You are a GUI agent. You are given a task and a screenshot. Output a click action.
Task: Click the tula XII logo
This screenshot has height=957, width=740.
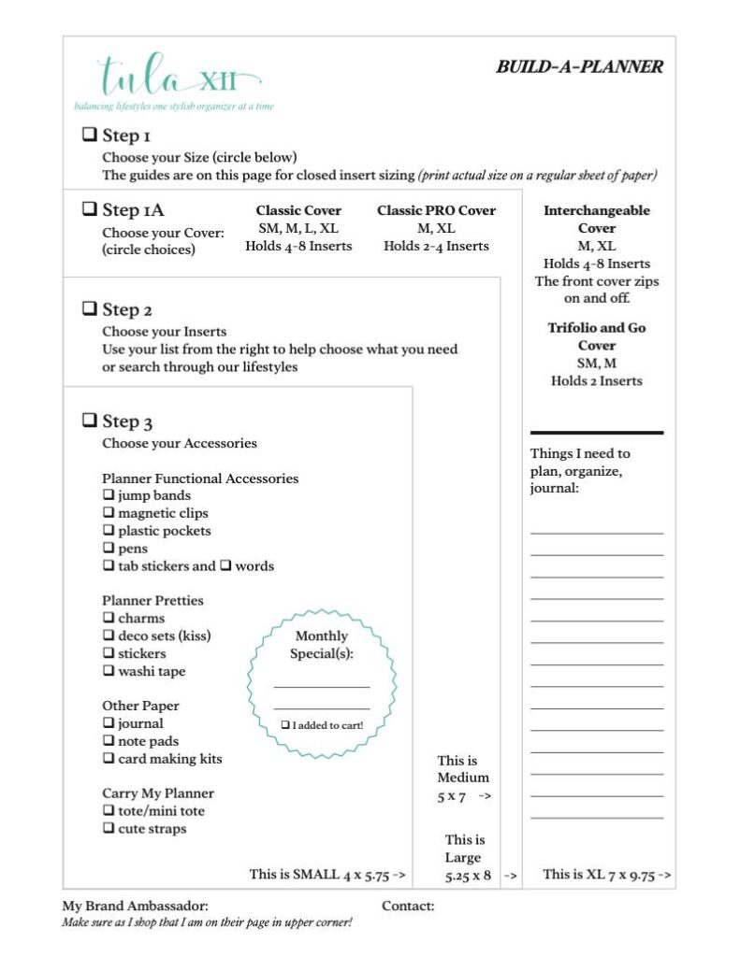point(178,77)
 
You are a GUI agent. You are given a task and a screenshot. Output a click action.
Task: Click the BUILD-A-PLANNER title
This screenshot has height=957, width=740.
point(579,67)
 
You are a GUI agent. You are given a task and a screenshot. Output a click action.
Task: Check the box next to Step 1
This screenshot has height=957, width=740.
point(90,135)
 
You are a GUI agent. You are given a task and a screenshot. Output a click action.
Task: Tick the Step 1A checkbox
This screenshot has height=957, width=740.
point(90,209)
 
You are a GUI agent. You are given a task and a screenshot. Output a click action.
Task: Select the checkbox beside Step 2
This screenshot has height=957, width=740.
point(90,308)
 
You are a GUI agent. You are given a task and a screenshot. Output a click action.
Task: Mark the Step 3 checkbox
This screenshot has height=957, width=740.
point(90,421)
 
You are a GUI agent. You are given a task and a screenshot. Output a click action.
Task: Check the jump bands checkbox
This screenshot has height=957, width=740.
point(109,495)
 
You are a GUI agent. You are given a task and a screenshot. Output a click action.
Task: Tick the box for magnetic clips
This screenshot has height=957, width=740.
point(109,513)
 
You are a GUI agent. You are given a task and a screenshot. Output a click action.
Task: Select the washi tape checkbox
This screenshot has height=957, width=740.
point(109,671)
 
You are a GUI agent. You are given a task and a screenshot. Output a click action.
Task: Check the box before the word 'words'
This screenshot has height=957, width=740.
point(225,566)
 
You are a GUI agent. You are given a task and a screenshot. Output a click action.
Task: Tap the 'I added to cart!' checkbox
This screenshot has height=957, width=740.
point(286,725)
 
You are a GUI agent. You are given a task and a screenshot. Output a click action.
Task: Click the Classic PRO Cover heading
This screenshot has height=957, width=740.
point(436,210)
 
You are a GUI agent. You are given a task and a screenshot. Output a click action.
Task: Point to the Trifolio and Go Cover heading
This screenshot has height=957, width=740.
point(597,336)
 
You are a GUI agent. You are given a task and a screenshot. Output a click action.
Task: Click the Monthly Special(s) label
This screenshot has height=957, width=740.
point(321,645)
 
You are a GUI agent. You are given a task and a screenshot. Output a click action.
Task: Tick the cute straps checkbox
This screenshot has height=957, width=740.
point(109,829)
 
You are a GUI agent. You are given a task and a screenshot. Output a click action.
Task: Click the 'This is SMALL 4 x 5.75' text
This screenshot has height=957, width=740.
point(326,875)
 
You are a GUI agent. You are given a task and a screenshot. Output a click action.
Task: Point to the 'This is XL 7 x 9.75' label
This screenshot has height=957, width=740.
point(606,875)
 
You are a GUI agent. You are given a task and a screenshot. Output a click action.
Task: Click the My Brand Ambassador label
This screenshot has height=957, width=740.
point(136,906)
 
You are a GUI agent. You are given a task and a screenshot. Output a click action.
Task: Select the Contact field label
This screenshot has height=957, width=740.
point(408,906)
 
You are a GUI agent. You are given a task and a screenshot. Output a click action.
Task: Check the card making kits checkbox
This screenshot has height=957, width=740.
point(109,759)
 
